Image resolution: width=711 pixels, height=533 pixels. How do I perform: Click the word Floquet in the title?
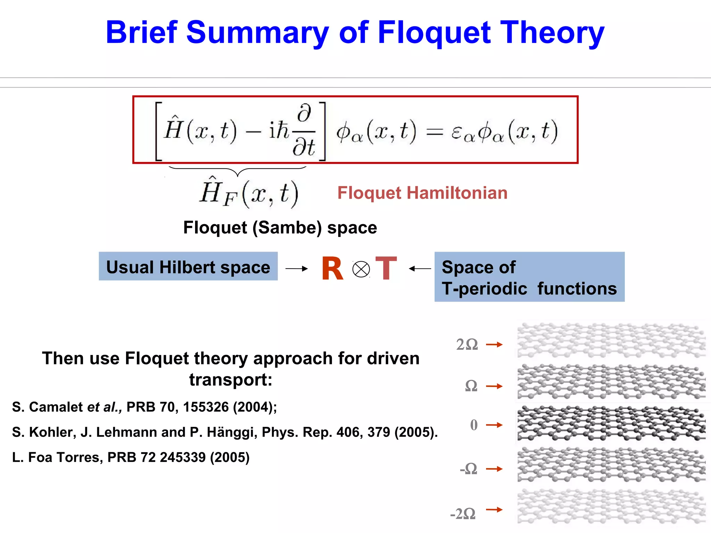[434, 33]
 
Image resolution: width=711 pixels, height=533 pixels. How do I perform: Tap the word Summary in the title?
[257, 33]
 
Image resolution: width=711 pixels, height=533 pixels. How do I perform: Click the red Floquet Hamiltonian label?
[422, 193]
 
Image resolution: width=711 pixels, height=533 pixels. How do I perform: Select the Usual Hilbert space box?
[188, 266]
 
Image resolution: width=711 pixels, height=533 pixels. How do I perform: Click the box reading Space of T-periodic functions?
[529, 277]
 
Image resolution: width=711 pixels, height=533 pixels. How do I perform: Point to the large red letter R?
[332, 269]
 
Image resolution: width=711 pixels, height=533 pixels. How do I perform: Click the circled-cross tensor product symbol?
[361, 269]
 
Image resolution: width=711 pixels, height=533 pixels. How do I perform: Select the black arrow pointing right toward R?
[296, 269]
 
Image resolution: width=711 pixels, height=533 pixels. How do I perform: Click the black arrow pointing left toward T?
[420, 269]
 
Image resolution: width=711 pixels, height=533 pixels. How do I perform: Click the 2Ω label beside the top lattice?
[467, 345]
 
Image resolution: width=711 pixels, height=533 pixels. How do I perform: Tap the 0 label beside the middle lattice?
[474, 425]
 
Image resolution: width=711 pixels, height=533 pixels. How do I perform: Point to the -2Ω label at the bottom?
[463, 514]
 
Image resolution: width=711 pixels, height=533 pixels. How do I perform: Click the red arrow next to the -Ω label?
[494, 469]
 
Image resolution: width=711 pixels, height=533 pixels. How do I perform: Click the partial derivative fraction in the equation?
[304, 131]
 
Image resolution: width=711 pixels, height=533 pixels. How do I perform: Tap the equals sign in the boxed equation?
[434, 132]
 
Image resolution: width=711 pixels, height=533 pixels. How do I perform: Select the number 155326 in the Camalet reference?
[206, 407]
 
